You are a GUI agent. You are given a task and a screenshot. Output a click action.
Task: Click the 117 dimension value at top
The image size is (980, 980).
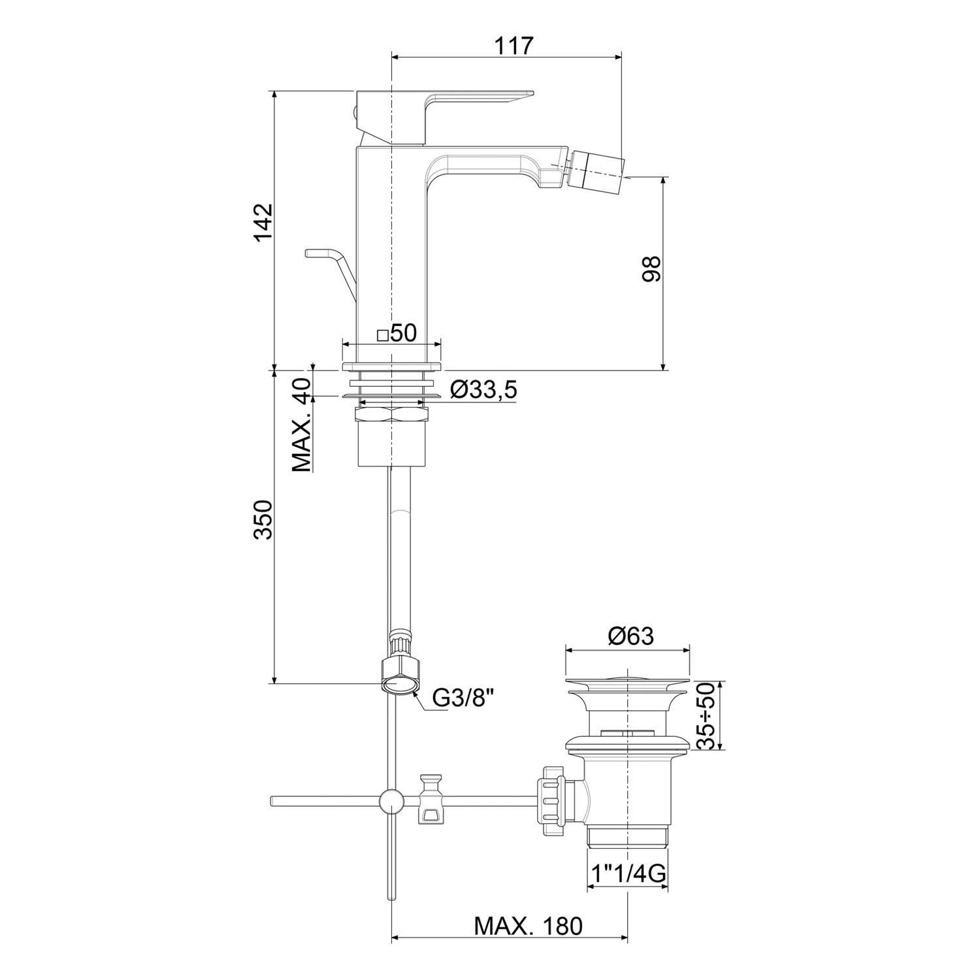[514, 46]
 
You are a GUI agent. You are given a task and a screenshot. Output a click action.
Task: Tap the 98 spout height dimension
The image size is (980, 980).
[651, 268]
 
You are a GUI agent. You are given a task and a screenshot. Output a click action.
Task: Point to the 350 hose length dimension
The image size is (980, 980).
[263, 520]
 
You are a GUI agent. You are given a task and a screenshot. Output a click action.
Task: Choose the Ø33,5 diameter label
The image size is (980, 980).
[483, 389]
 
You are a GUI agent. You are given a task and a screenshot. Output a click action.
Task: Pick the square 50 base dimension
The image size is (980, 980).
[397, 333]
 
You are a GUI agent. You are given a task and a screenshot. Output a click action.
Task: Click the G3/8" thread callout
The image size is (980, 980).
[462, 699]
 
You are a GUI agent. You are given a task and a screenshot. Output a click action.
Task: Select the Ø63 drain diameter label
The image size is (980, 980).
[630, 636]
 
